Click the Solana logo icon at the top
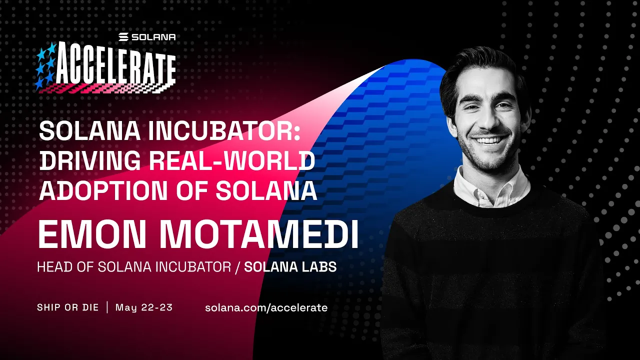pyautogui.click(x=124, y=37)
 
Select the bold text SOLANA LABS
pyautogui.click(x=290, y=267)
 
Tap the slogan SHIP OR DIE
pyautogui.click(x=67, y=307)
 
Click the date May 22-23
pyautogui.click(x=144, y=307)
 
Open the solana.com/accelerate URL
pyautogui.click(x=266, y=307)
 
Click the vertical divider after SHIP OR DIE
pyautogui.click(x=107, y=307)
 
